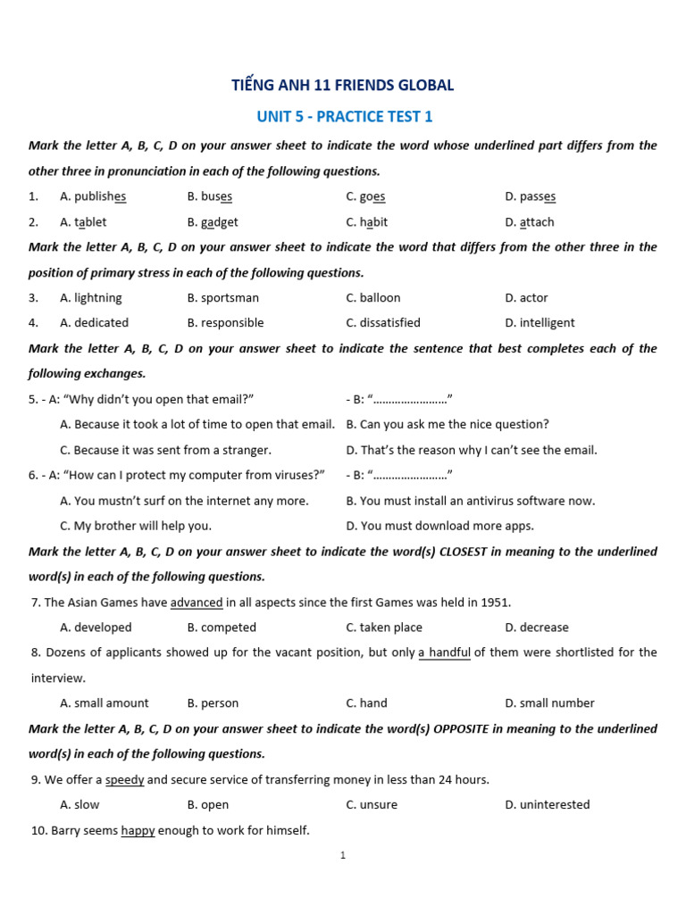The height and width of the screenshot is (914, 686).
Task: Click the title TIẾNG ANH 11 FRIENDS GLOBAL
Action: (343, 86)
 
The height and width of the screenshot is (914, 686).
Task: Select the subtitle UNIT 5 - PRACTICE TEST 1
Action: (345, 117)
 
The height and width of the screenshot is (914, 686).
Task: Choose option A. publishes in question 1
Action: (93, 196)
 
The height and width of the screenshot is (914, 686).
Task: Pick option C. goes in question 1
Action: (365, 196)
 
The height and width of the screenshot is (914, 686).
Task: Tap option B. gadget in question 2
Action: (213, 222)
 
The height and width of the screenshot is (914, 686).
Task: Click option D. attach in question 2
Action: (529, 222)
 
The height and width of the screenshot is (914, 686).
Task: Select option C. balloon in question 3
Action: (372, 298)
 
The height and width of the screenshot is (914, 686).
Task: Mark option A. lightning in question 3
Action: (90, 298)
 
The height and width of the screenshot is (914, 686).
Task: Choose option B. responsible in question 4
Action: (225, 323)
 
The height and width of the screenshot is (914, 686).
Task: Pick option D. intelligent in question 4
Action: (540, 323)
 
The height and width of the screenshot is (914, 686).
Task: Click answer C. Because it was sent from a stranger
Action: (165, 451)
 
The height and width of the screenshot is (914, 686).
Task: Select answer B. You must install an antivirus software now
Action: (470, 502)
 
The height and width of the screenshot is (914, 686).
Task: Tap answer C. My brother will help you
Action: (136, 527)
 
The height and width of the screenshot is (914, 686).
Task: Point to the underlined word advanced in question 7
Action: (197, 602)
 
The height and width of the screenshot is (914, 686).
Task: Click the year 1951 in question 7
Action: (495, 602)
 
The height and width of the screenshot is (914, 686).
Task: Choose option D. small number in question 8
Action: (548, 703)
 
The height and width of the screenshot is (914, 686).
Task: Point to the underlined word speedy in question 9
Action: (124, 780)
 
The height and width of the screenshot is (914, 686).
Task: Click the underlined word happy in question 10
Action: (138, 831)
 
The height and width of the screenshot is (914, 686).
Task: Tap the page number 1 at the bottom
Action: (343, 856)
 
